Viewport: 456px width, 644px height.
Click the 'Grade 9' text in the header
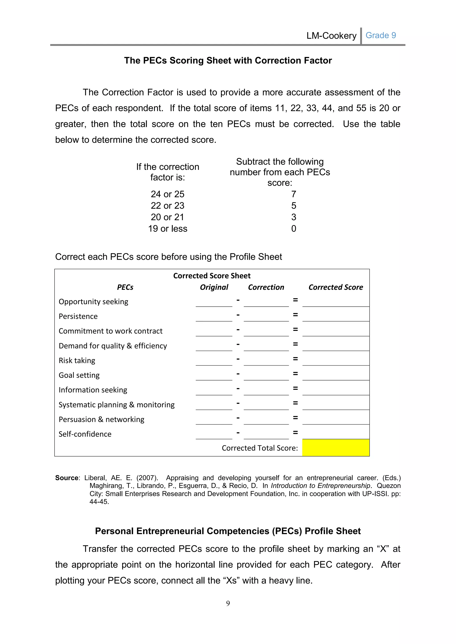pyautogui.click(x=381, y=35)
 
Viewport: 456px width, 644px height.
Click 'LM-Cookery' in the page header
pyautogui.click(x=331, y=36)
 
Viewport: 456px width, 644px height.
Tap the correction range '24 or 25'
pyautogui.click(x=167, y=194)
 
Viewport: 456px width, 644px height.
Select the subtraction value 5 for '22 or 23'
pyautogui.click(x=293, y=206)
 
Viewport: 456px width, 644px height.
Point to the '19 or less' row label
pyautogui.click(x=168, y=229)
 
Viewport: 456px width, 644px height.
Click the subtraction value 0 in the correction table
pyautogui.click(x=293, y=229)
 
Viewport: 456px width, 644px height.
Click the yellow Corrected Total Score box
pyautogui.click(x=336, y=448)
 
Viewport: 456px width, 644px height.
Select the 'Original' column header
pyautogui.click(x=214, y=287)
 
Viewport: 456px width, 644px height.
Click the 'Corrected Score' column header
pyautogui.click(x=336, y=287)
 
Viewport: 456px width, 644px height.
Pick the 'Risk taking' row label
pyautogui.click(x=77, y=360)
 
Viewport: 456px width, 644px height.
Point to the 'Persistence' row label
pyautogui.click(x=78, y=316)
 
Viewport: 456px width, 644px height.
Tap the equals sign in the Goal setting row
pyautogui.click(x=295, y=374)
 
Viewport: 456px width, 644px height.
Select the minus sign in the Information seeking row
pyautogui.click(x=238, y=388)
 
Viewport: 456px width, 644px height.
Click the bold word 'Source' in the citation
pyautogui.click(x=67, y=478)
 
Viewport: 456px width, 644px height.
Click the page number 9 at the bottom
pyautogui.click(x=228, y=603)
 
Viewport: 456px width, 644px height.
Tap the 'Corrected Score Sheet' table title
pyautogui.click(x=212, y=276)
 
